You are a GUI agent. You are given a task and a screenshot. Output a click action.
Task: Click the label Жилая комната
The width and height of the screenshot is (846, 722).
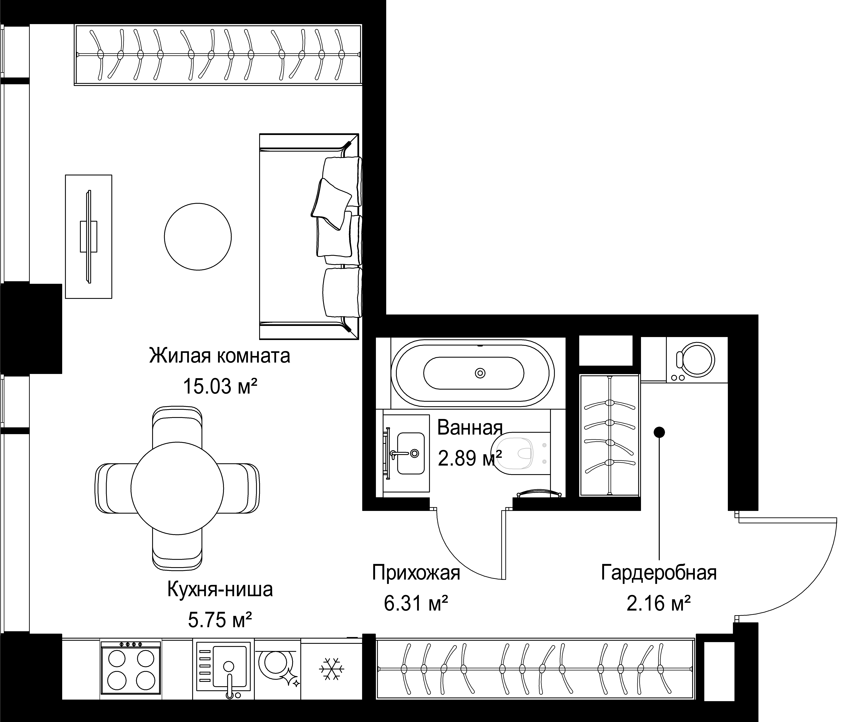(x=220, y=356)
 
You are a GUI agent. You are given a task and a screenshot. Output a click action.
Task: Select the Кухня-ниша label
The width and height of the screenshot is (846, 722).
(x=220, y=590)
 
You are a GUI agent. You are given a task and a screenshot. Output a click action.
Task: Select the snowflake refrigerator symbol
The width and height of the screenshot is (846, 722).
(x=331, y=669)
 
